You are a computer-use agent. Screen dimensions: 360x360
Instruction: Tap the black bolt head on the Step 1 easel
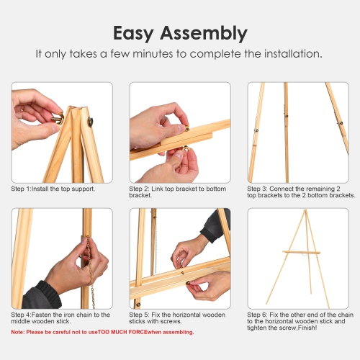pos(91,123)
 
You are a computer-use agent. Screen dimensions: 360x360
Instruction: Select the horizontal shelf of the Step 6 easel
pos(300,252)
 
